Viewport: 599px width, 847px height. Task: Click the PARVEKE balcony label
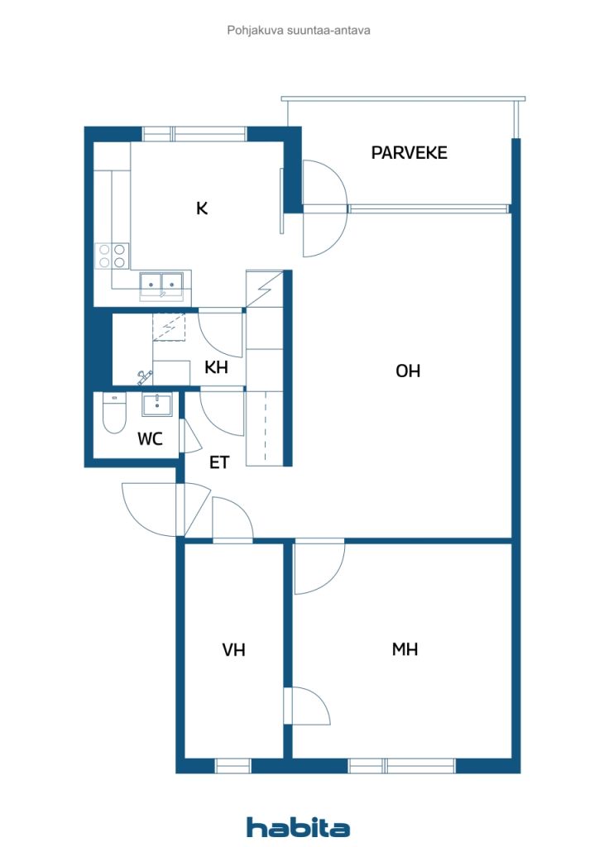(409, 153)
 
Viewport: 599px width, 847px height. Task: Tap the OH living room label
(408, 371)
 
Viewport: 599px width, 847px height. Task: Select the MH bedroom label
(405, 648)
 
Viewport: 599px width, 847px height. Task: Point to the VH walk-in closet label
(234, 649)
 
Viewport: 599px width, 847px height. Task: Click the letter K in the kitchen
(202, 208)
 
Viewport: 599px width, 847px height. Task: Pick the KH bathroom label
(216, 367)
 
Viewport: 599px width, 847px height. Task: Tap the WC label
(150, 438)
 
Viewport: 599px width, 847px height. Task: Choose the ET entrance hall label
(219, 462)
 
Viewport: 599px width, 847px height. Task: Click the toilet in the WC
(114, 413)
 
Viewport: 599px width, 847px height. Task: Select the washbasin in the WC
(157, 404)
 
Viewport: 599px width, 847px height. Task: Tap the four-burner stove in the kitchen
(112, 256)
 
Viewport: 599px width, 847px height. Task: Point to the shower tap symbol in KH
(144, 377)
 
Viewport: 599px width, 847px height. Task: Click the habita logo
(298, 827)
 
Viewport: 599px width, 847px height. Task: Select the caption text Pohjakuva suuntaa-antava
(299, 31)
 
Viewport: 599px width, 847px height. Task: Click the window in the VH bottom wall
(233, 765)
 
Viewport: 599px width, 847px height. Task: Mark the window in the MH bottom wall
(402, 765)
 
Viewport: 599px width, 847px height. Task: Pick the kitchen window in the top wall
(194, 133)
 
